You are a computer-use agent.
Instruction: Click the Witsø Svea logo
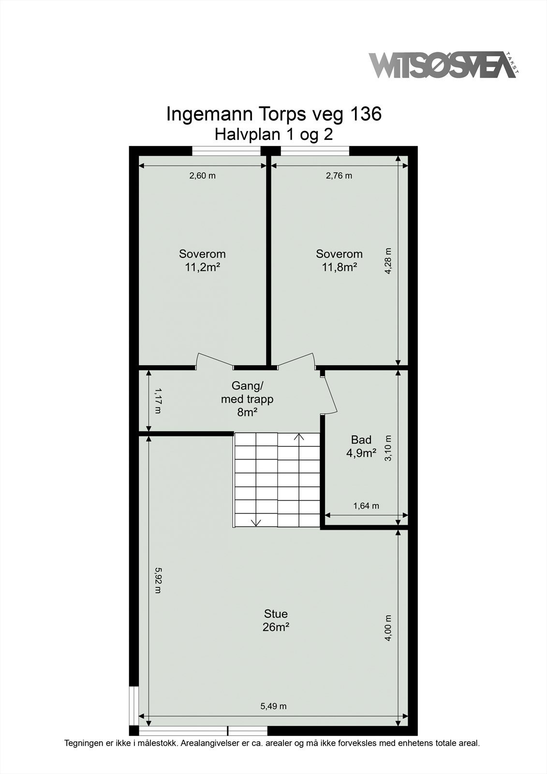click(x=443, y=65)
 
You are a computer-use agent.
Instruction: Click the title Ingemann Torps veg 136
click(x=274, y=114)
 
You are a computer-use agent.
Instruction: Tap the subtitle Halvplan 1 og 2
click(x=274, y=134)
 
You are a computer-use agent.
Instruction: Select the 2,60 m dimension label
click(x=202, y=176)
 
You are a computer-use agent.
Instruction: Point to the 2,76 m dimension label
click(x=339, y=176)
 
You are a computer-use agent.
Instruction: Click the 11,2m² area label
click(x=202, y=267)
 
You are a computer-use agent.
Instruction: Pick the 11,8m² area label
click(x=339, y=267)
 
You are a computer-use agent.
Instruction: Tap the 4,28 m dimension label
click(x=388, y=261)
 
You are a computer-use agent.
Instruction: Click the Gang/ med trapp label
click(x=247, y=399)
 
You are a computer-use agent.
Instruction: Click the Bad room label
click(x=361, y=440)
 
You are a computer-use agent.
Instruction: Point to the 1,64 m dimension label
click(x=366, y=506)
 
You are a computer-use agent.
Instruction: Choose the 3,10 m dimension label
click(x=388, y=448)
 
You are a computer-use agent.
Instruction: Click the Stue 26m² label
click(x=276, y=620)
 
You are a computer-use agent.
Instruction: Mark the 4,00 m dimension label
click(x=388, y=628)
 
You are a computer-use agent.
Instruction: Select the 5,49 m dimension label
click(x=274, y=706)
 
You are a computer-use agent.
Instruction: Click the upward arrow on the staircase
click(x=299, y=437)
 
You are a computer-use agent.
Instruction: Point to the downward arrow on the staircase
click(x=256, y=522)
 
